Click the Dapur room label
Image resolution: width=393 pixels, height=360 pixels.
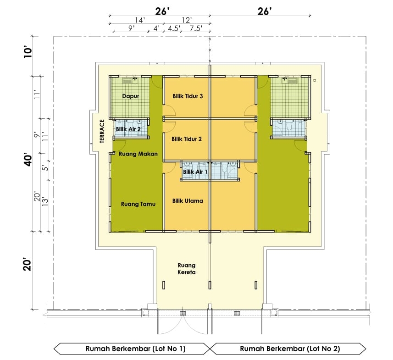(130, 96)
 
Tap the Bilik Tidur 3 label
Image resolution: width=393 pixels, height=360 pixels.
(188, 96)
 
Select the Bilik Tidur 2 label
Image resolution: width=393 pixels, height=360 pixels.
(187, 139)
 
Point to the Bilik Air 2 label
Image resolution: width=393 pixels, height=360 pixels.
(128, 129)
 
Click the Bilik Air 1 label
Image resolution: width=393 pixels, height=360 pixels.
(195, 172)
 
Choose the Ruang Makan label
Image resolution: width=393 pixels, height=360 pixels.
(138, 154)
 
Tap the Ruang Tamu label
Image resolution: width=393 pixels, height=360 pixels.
(138, 204)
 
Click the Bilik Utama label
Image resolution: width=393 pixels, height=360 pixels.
(188, 201)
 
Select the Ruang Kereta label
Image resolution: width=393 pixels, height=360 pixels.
(187, 269)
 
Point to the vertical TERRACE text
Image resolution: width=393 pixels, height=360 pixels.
(102, 131)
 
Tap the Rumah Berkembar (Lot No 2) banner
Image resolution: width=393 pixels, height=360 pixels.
(288, 349)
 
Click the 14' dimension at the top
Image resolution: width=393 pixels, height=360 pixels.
(140, 20)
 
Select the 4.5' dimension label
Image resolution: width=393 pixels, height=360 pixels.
(174, 28)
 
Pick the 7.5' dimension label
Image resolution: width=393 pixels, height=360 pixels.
(196, 28)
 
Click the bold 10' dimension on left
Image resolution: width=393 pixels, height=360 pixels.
(28, 52)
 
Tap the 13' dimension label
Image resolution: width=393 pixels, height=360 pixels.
(45, 202)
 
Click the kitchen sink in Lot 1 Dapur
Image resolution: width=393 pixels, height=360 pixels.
(130, 80)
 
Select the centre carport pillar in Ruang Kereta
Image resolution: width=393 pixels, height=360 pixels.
(210, 285)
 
